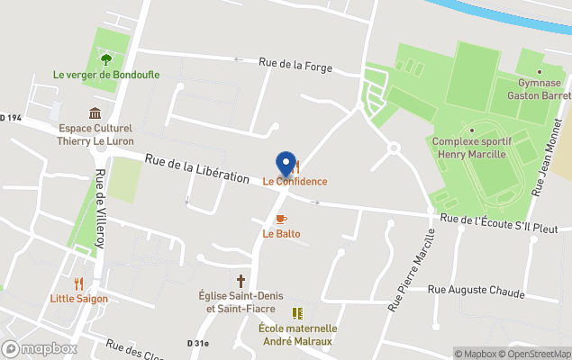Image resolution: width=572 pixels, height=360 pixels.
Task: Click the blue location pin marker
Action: click(286, 164)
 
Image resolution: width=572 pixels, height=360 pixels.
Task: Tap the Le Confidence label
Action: click(295, 181)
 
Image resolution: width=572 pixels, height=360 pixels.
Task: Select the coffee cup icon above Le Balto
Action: click(281, 219)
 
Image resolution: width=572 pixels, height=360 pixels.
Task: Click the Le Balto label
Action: click(281, 234)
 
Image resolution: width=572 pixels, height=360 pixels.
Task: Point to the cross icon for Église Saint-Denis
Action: click(241, 280)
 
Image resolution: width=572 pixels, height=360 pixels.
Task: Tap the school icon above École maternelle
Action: click(297, 313)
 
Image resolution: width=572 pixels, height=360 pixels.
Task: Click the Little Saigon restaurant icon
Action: click(78, 283)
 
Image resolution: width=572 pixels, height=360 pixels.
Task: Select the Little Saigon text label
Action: click(79, 299)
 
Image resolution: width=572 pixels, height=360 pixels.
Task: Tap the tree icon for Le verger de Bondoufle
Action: click(106, 59)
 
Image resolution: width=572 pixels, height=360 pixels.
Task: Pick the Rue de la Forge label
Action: click(295, 65)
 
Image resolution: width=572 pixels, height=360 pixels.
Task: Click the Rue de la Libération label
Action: click(197, 168)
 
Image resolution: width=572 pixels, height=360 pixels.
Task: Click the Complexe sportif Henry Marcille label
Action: click(472, 147)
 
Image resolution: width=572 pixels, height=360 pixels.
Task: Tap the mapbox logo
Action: click(41, 348)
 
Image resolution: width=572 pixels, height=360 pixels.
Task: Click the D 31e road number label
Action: click(197, 343)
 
